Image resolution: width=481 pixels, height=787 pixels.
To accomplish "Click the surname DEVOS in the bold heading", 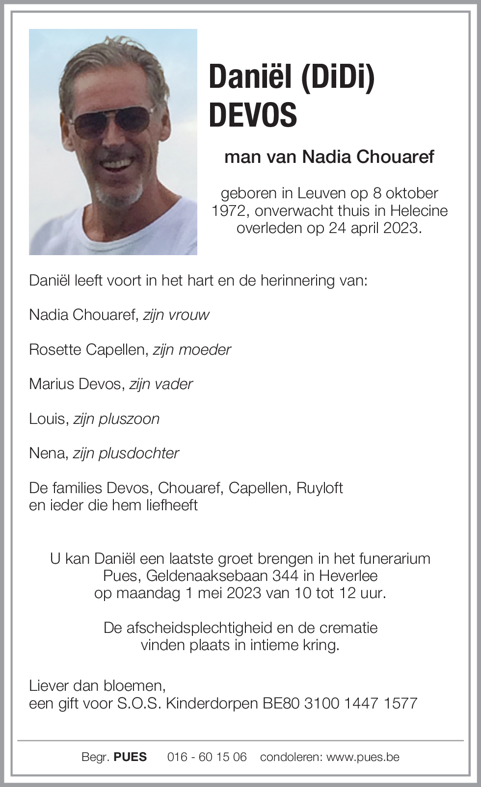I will click(253, 115).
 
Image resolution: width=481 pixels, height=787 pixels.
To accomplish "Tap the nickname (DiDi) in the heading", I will click(337, 78).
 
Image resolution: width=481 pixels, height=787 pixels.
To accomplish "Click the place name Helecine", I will click(419, 211).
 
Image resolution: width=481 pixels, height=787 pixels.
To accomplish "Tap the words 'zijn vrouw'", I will click(176, 315).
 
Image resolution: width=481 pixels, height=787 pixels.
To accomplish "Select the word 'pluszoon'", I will click(129, 419).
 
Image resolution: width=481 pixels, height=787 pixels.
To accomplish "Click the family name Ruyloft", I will click(320, 488).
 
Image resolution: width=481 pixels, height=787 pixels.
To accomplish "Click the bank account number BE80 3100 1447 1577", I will click(340, 703).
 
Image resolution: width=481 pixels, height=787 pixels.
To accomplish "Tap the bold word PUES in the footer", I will click(130, 757).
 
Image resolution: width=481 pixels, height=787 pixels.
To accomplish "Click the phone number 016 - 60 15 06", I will click(207, 757).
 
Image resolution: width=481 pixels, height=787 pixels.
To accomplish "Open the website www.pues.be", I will click(363, 757).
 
